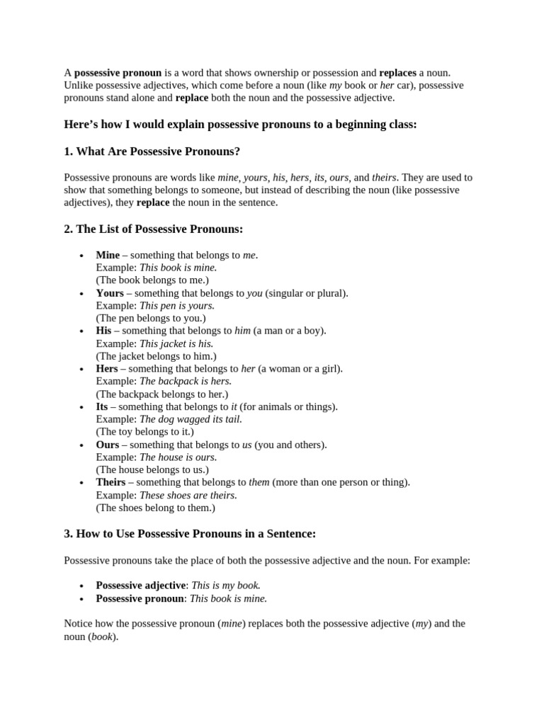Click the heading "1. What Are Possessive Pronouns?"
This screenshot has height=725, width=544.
point(152,152)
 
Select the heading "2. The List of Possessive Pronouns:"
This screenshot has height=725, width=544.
point(154,229)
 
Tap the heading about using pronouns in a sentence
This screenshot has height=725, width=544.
point(190,534)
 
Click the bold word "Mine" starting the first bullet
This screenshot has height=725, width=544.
point(108,255)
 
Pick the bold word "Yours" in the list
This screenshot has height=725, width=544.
point(110,293)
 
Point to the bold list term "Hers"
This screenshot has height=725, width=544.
point(107,369)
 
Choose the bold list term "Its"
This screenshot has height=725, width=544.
point(102,406)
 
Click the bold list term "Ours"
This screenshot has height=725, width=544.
point(108,445)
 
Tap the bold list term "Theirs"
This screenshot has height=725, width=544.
point(110,482)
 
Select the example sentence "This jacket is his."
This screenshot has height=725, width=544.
point(176,343)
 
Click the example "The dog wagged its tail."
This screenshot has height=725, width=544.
point(191,419)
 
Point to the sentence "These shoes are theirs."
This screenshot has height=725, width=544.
point(188,495)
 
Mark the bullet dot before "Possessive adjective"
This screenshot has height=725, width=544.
point(82,586)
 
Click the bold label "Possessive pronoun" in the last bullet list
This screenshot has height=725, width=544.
point(140,598)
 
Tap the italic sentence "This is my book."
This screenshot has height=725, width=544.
point(226,586)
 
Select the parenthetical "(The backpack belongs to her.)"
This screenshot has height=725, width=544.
point(162,394)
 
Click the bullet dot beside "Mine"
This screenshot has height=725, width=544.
point(82,256)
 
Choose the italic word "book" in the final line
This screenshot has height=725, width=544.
point(101,636)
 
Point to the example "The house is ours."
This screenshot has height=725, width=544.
point(178,457)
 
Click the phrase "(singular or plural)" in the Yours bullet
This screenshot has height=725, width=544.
point(307,293)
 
